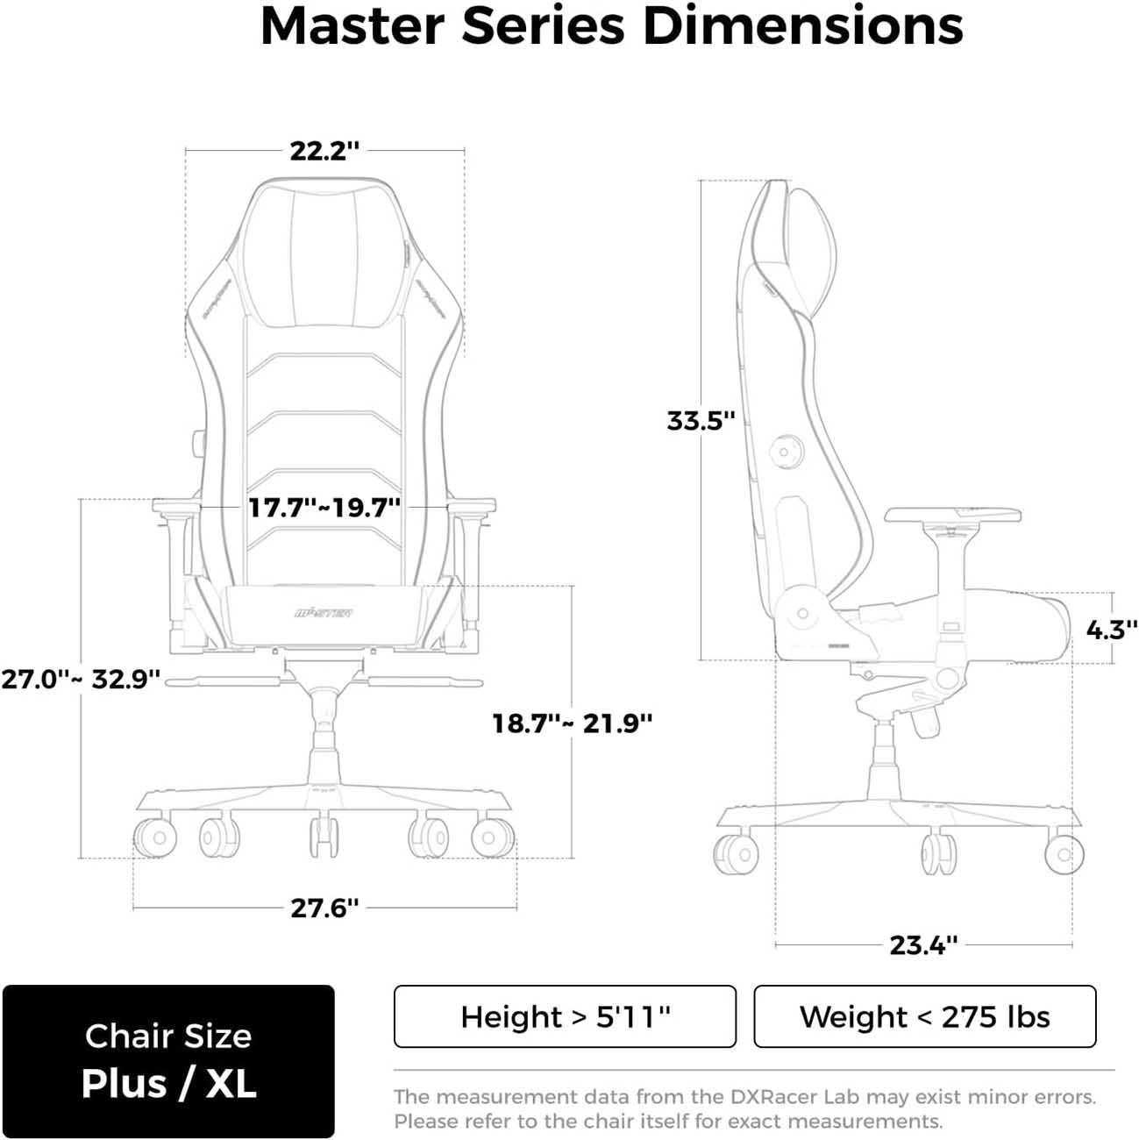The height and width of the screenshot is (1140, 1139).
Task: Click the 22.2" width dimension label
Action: click(x=324, y=151)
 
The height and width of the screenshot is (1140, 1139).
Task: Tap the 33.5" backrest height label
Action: click(x=700, y=420)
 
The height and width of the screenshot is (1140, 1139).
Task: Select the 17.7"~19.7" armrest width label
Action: click(x=324, y=507)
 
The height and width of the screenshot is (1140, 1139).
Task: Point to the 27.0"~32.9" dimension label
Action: click(x=81, y=679)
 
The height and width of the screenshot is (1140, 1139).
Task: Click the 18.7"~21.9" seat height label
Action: click(x=572, y=723)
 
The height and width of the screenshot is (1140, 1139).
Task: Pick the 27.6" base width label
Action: click(x=324, y=908)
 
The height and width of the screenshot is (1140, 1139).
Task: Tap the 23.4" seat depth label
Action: click(x=923, y=944)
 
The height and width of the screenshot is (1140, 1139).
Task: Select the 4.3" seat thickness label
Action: click(x=1111, y=629)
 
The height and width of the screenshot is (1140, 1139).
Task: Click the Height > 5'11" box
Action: click(x=565, y=1016)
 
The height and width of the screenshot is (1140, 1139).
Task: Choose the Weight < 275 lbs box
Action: click(x=924, y=1016)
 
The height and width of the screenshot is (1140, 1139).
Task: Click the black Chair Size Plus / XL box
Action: click(x=168, y=1061)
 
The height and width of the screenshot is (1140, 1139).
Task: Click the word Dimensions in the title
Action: click(x=802, y=26)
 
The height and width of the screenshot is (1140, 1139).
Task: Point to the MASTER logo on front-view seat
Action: click(x=324, y=612)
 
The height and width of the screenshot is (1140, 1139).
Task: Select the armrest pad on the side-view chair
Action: click(x=953, y=515)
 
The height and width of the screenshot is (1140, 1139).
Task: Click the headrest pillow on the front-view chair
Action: click(x=324, y=254)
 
